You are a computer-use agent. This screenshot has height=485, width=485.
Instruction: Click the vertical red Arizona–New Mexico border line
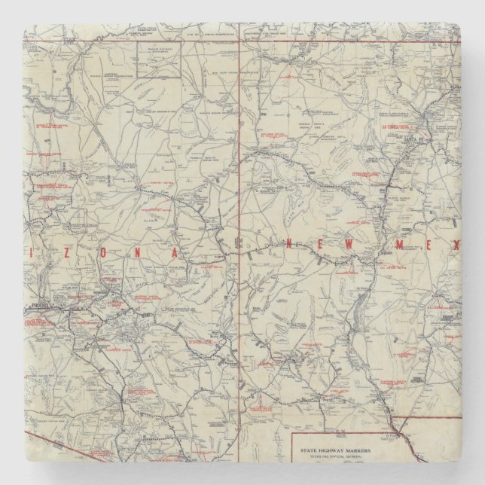coord(239,226)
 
